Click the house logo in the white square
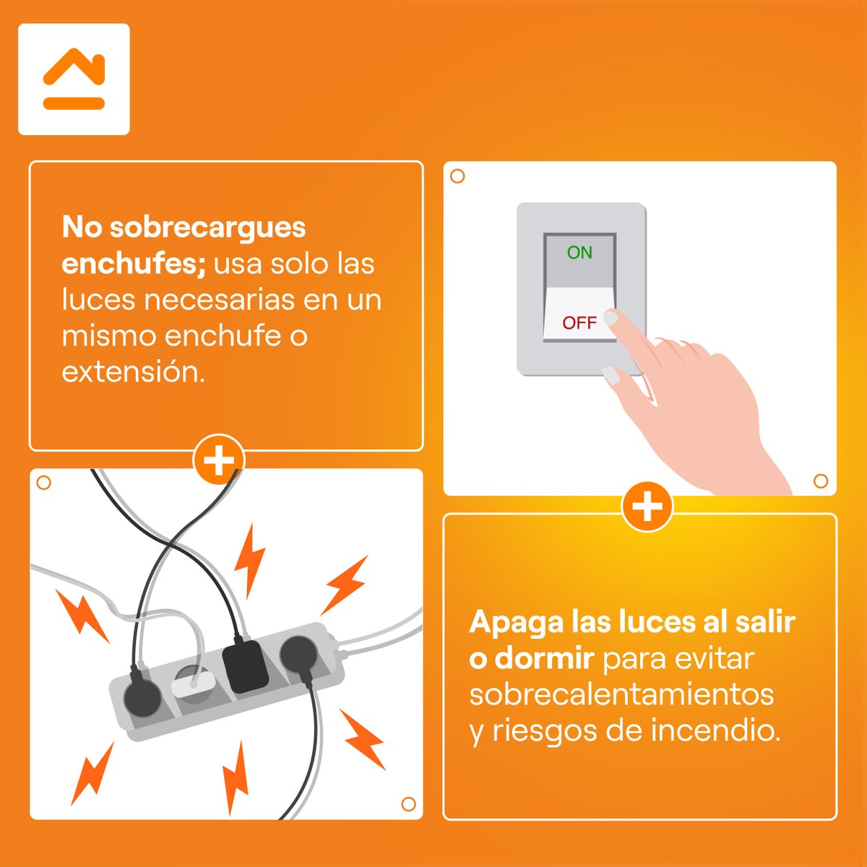(x=74, y=79)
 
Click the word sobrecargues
(x=208, y=228)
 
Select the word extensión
(x=133, y=372)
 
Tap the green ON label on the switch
(x=579, y=253)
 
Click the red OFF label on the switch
(x=579, y=323)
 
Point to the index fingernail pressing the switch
(x=611, y=319)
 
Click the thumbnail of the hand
(x=611, y=376)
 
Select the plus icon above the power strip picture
(x=219, y=460)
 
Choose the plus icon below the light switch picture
(x=647, y=506)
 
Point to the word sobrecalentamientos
(x=621, y=694)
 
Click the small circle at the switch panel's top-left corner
(x=457, y=176)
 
